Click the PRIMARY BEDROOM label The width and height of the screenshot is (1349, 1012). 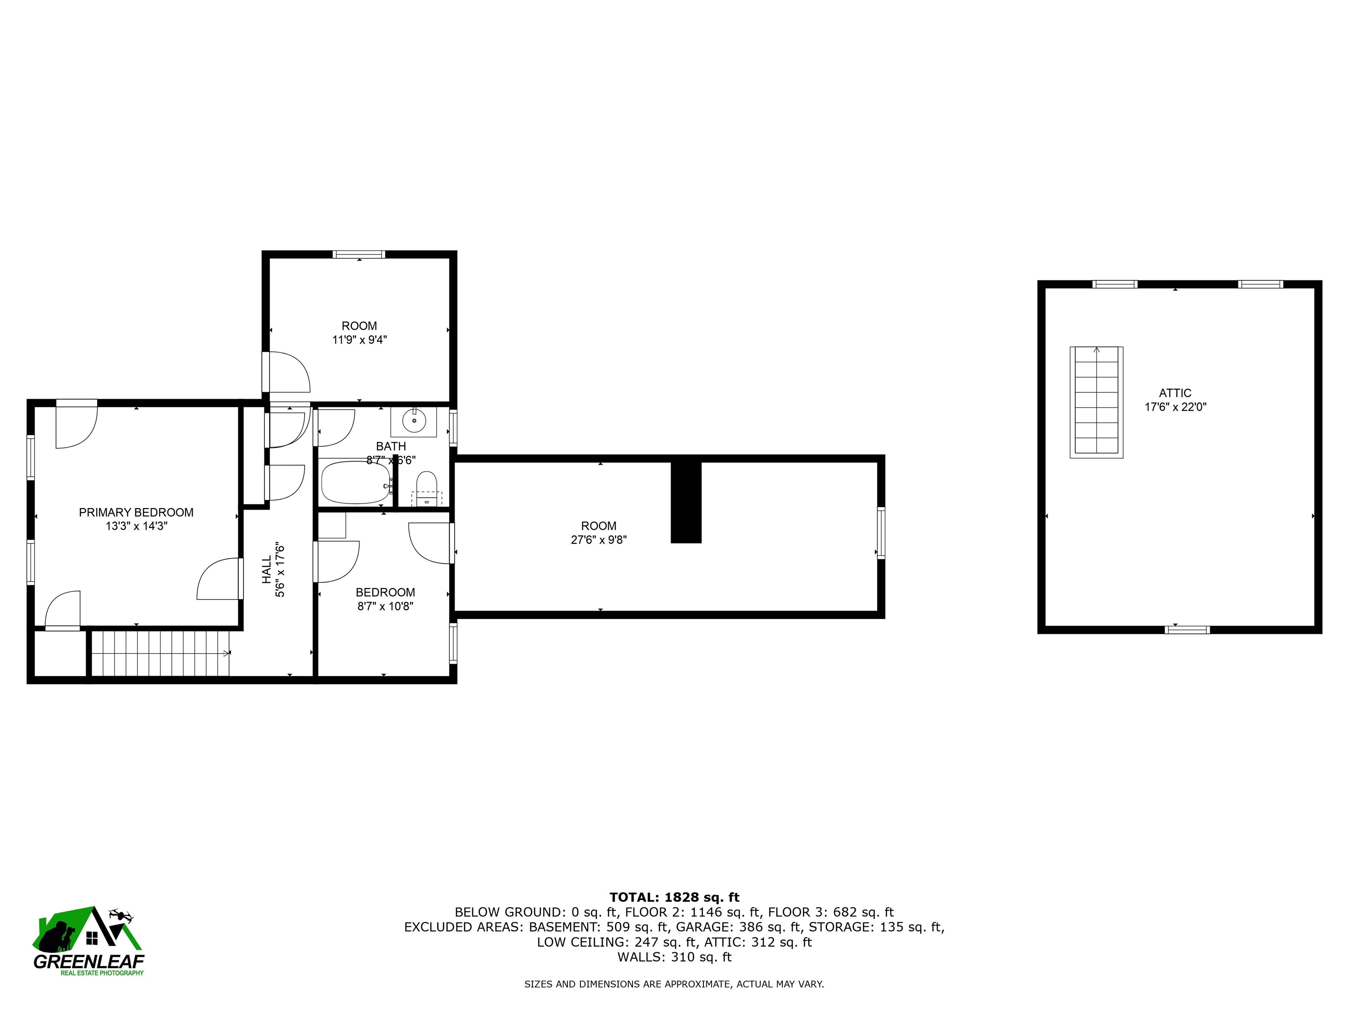pyautogui.click(x=136, y=513)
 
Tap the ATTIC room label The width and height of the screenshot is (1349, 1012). pyautogui.click(x=1175, y=394)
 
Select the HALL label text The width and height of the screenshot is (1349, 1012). pyautogui.click(x=267, y=569)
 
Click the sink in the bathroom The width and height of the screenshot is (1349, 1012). pyautogui.click(x=414, y=421)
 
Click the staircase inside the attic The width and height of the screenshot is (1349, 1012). pyautogui.click(x=1097, y=403)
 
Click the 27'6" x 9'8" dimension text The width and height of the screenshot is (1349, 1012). pyautogui.click(x=599, y=540)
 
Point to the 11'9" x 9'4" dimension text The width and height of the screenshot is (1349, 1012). pyautogui.click(x=359, y=340)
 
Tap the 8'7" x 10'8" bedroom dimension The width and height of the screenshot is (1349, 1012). pyautogui.click(x=386, y=606)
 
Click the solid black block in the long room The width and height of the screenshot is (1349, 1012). pyautogui.click(x=686, y=502)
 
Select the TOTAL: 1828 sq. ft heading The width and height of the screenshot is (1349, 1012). pyautogui.click(x=674, y=897)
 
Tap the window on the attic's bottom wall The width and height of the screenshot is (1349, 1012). pyautogui.click(x=1187, y=630)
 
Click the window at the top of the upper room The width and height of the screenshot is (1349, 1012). pyautogui.click(x=359, y=254)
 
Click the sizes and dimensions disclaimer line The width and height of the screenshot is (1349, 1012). pyautogui.click(x=674, y=984)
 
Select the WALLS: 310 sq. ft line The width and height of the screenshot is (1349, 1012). pyautogui.click(x=674, y=957)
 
